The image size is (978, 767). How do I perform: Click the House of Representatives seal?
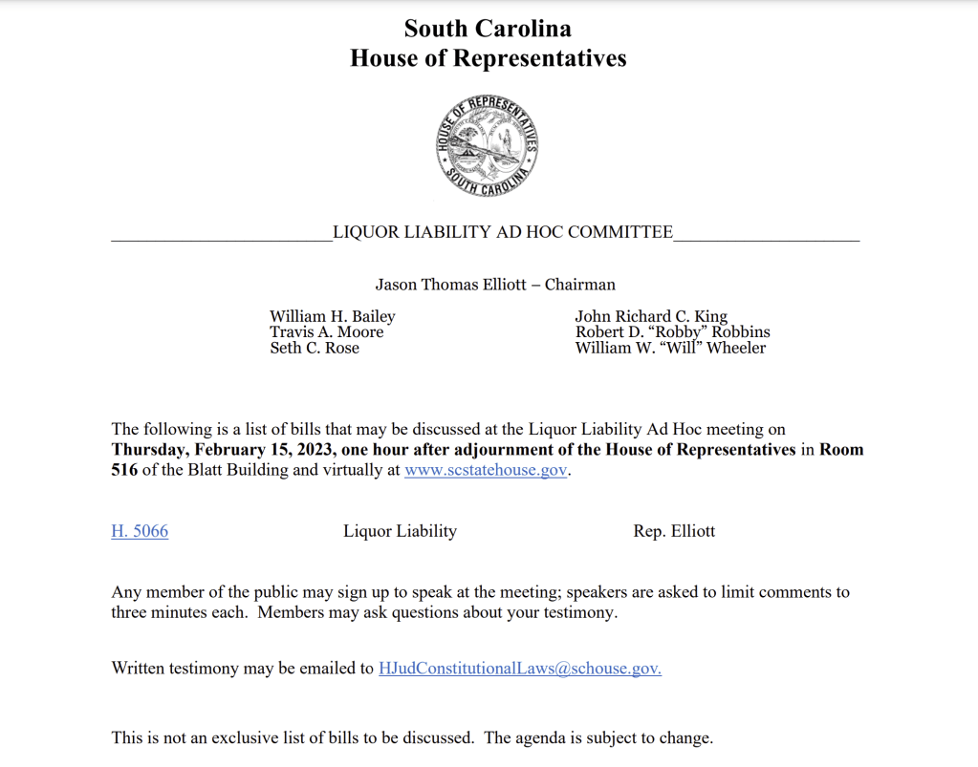coord(488,146)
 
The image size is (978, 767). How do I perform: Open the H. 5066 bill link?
coord(140,531)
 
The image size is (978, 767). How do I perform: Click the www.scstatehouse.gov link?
coord(486,471)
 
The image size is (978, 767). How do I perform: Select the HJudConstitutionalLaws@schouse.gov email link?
coord(520,669)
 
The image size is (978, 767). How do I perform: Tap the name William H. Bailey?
coord(332,316)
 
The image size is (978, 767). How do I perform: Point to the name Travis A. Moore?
coord(326,332)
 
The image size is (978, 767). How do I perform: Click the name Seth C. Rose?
coord(315,348)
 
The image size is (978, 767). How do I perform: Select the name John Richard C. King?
coord(651,316)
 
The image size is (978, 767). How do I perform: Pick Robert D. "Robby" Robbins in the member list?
coord(672,332)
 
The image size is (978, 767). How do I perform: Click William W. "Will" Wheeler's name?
coord(670,348)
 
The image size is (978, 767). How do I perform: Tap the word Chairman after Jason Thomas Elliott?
coord(580,285)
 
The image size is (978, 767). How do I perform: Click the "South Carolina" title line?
coord(488,28)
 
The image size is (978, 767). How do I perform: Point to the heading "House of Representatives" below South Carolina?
coord(488,58)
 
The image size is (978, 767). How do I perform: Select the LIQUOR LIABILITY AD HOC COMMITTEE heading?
coord(503,232)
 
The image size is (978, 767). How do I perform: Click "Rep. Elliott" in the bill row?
coord(674,531)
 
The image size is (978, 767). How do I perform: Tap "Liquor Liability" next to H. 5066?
coord(400,531)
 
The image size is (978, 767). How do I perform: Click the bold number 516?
coord(124,471)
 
